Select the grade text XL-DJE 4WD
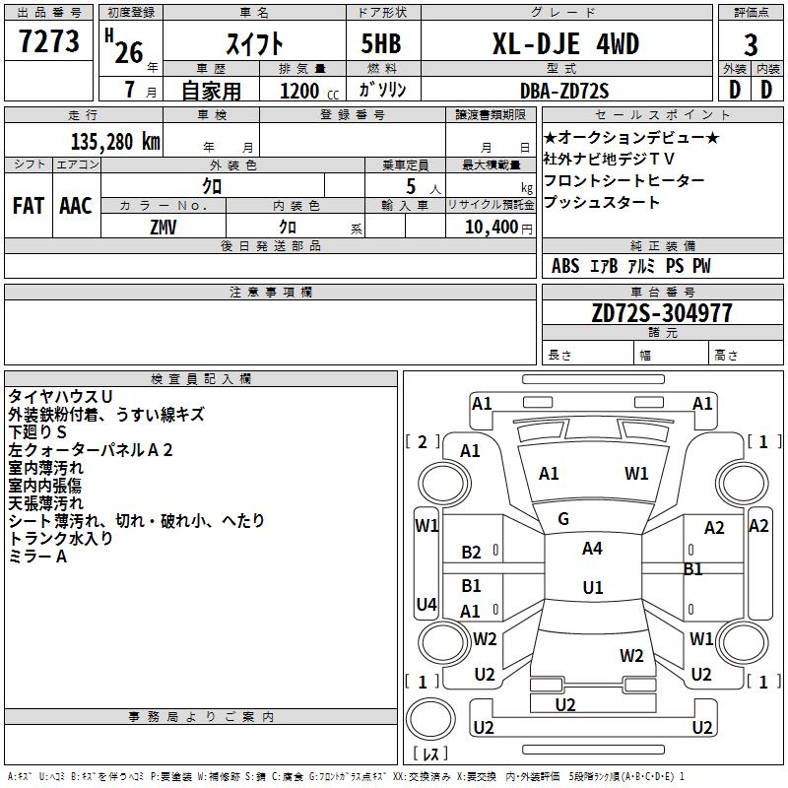(565, 44)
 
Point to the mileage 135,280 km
(115, 141)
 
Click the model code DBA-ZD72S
(565, 91)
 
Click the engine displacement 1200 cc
(307, 91)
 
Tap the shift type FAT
(28, 205)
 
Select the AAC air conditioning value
(76, 205)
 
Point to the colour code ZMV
(164, 227)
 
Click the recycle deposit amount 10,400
(490, 227)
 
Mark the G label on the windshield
(563, 519)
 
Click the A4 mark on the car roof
(592, 549)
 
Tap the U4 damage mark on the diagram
(427, 604)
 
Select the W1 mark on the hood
(636, 474)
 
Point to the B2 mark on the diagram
(472, 553)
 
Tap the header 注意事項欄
(270, 293)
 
